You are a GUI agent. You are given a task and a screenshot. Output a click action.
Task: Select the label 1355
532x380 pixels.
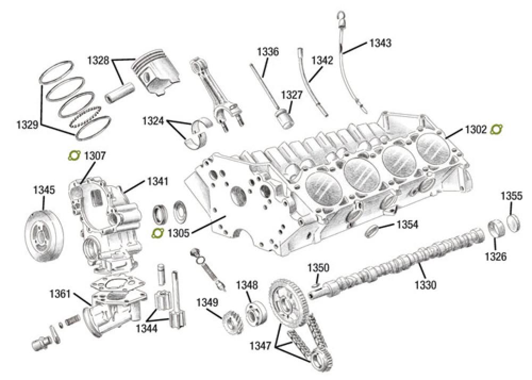point(511,196)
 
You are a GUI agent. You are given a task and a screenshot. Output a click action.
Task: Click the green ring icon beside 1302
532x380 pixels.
point(497,129)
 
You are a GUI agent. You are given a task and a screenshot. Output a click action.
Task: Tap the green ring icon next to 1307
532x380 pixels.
point(75,156)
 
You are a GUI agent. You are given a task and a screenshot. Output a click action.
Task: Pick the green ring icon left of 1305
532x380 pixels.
point(157,233)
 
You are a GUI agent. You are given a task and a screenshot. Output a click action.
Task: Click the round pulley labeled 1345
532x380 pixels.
point(44,235)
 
